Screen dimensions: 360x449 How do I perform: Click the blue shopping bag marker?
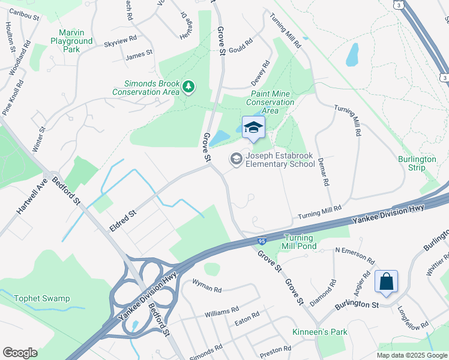(x=385, y=281)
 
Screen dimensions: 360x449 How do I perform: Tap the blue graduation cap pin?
(x=253, y=127)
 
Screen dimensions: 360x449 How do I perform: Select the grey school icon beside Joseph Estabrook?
(x=236, y=159)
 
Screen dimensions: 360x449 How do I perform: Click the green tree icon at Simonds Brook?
(x=189, y=88)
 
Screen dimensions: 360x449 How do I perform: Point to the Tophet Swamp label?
(x=42, y=299)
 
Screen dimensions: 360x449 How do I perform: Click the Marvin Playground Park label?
(x=76, y=41)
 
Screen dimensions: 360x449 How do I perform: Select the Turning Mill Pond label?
(x=300, y=241)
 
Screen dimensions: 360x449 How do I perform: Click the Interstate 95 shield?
(x=262, y=241)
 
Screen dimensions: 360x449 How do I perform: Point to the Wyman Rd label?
(x=206, y=286)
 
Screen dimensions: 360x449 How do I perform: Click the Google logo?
(x=20, y=353)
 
